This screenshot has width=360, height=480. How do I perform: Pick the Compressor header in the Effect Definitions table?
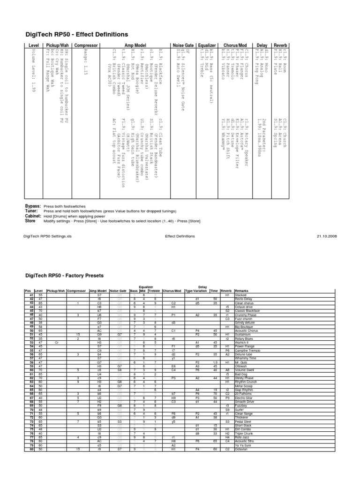pos(85,45)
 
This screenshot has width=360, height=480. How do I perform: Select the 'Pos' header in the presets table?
pos(27,291)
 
